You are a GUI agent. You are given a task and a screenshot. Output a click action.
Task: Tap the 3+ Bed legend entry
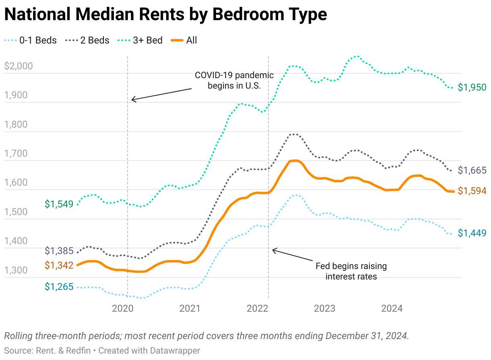coord(140,40)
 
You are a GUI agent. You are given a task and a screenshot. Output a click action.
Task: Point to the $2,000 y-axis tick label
coord(18,66)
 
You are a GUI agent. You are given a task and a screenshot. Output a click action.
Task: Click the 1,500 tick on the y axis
coord(16,212)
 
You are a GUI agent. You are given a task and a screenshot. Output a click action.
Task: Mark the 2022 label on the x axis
coord(257,308)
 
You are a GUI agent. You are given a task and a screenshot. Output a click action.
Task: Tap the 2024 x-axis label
coord(392,308)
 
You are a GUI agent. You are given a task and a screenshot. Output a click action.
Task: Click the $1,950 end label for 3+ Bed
coord(472,87)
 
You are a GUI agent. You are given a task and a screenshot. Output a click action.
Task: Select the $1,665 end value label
coord(472,170)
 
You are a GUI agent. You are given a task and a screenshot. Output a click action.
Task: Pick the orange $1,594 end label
coord(472,191)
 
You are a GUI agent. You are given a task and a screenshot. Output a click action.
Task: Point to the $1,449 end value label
coord(472,233)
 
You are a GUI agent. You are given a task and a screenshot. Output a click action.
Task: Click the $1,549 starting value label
coord(59,204)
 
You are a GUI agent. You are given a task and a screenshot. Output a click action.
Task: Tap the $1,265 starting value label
coord(59,287)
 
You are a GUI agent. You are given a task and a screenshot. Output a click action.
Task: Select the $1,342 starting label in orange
coord(59,265)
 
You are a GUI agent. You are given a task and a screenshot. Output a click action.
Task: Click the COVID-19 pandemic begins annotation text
coord(234,80)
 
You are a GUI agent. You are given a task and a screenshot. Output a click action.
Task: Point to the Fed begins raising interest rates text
coord(351,271)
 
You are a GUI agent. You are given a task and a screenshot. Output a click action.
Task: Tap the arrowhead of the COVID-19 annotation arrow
coord(133,99)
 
